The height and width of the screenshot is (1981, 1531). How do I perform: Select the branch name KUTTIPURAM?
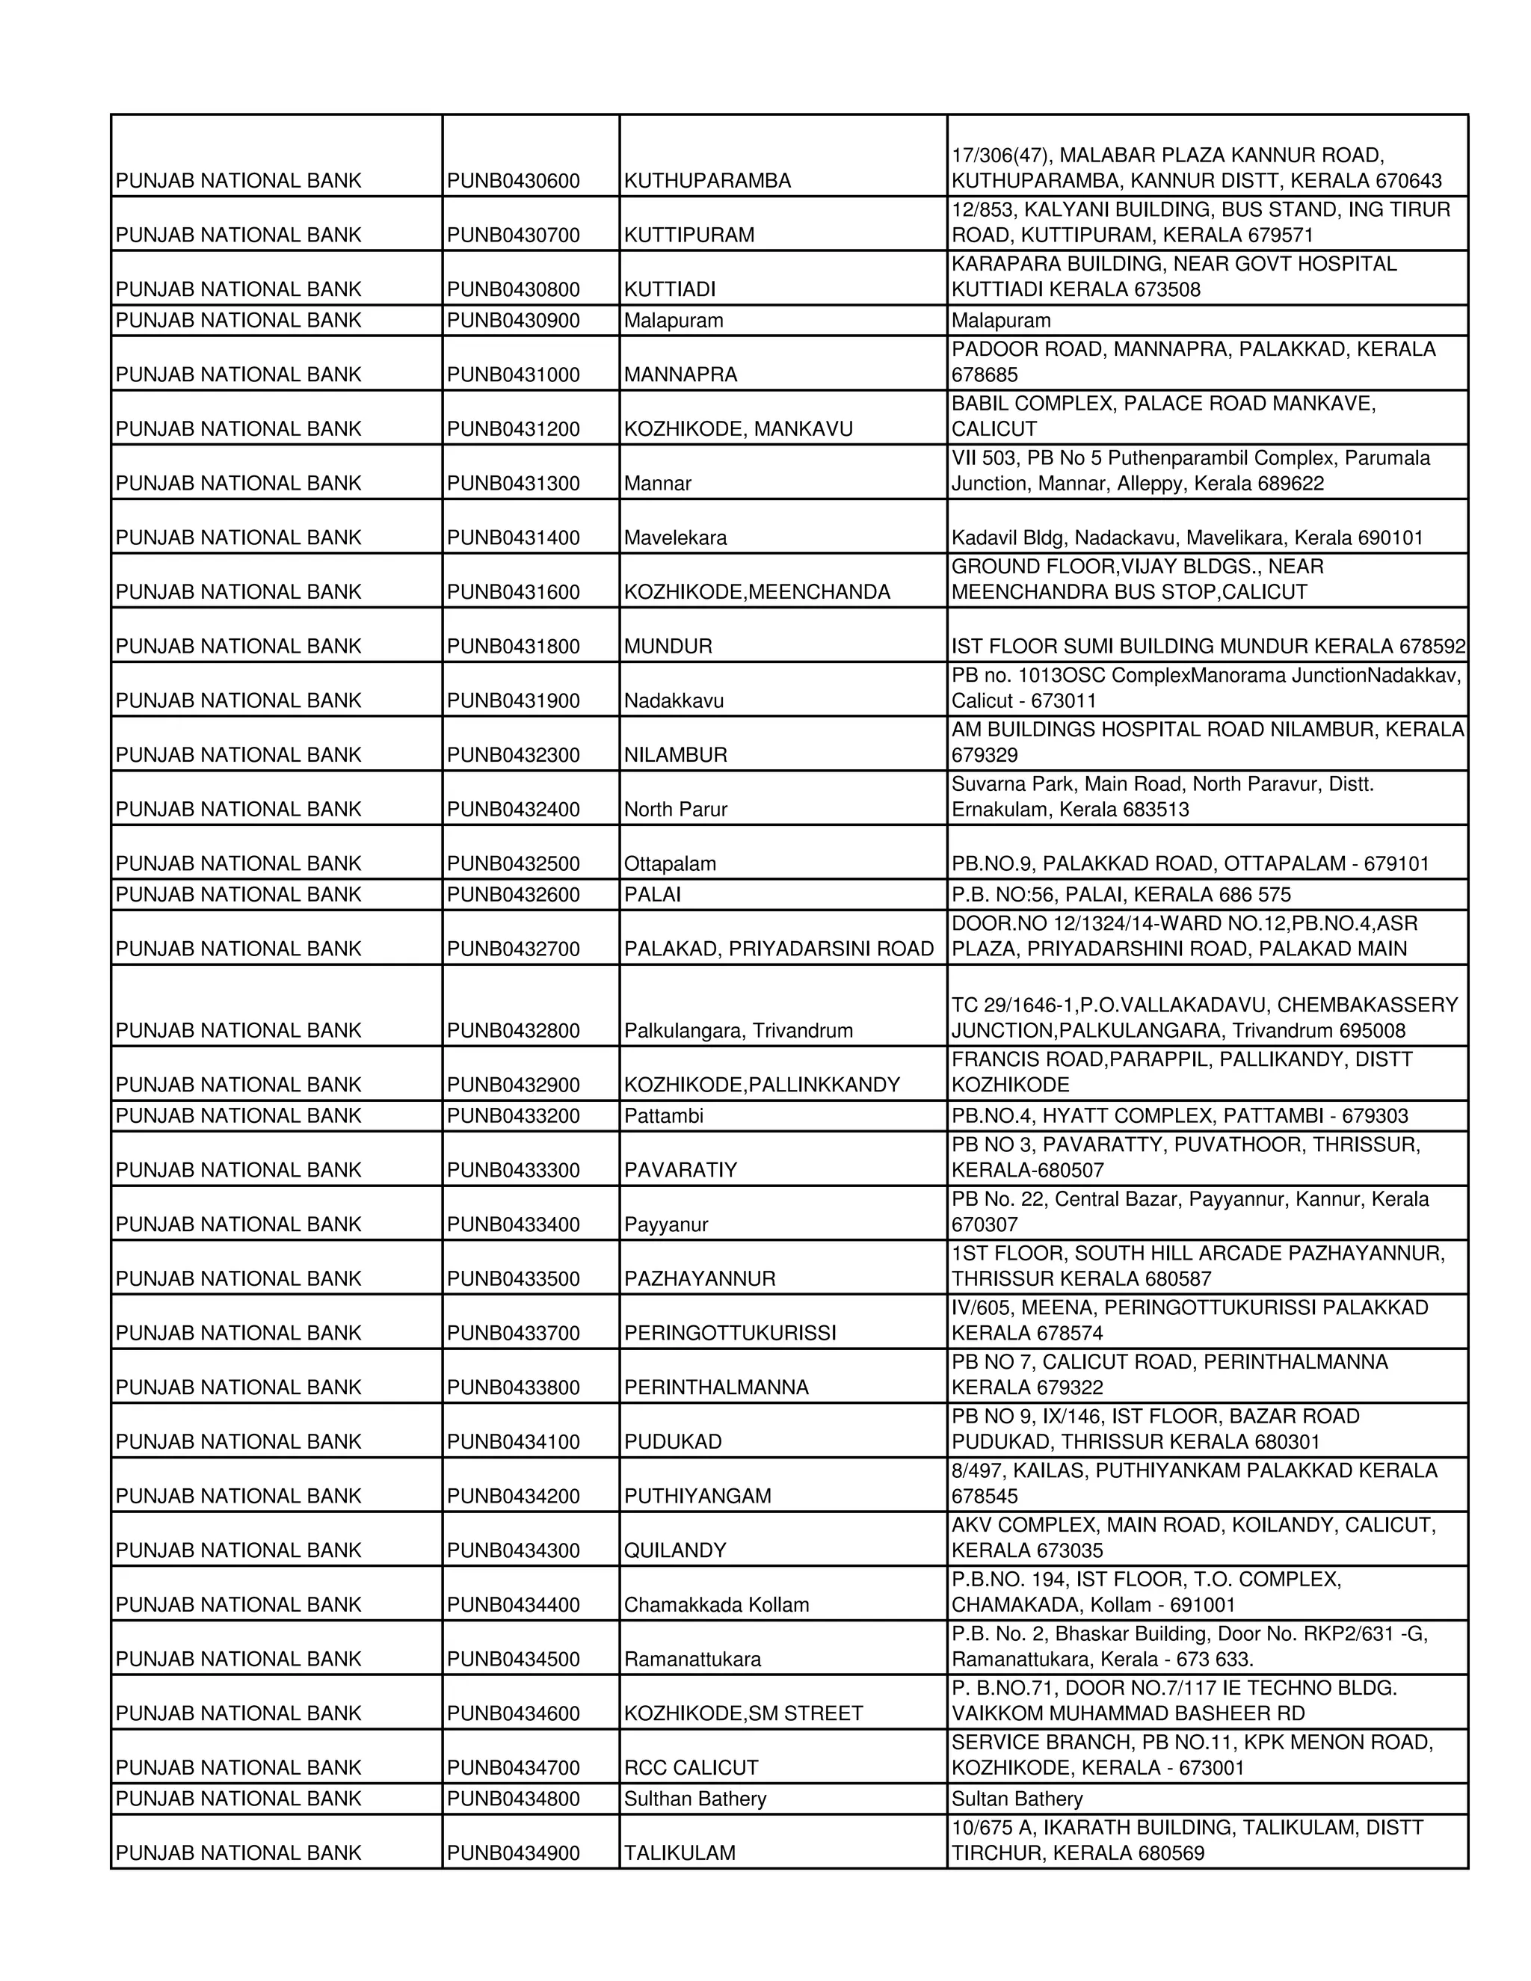[689, 235]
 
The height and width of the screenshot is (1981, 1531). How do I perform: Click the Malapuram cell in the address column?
[1000, 320]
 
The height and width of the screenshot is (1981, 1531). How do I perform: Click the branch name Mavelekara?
[675, 538]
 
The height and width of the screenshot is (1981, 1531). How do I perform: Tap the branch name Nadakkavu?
[673, 701]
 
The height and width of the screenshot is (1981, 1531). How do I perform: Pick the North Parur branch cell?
[675, 809]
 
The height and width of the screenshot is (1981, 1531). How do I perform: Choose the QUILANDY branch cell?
[675, 1550]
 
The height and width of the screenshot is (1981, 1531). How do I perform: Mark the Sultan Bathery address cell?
[1017, 1799]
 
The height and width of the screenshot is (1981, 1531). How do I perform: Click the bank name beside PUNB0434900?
[238, 1853]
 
